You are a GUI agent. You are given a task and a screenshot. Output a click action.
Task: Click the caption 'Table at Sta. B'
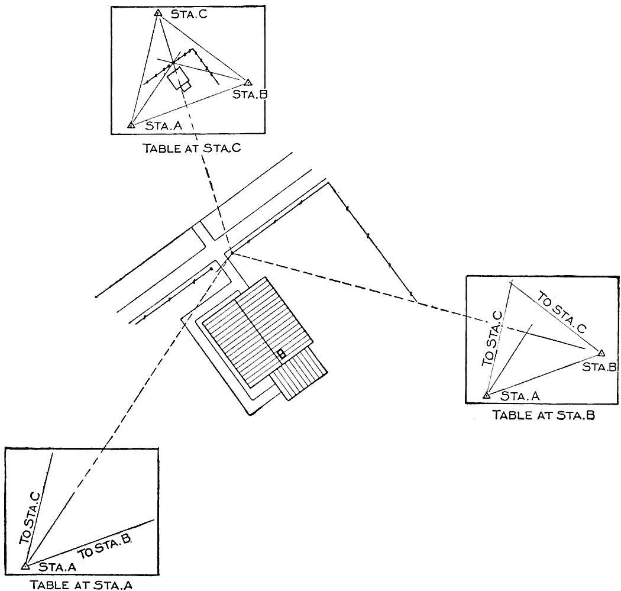(544, 415)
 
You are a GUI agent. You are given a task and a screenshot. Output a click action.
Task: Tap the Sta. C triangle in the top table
(157, 13)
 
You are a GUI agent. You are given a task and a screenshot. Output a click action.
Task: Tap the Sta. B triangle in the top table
(248, 83)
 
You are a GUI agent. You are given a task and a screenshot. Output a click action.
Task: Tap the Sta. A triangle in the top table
(131, 125)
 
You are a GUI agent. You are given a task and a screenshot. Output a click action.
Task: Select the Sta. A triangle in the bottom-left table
(25, 566)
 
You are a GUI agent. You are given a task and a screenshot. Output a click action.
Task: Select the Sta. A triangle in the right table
(486, 395)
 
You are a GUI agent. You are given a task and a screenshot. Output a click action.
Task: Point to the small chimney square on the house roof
(282, 354)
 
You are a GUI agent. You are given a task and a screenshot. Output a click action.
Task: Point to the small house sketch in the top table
(179, 79)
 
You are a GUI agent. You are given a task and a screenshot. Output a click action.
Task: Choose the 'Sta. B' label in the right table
(599, 367)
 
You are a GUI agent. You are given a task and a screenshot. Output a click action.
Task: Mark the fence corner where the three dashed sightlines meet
(232, 253)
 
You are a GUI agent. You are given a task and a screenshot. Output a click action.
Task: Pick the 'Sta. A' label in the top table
(159, 127)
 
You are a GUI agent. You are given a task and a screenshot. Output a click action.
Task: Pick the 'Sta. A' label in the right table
(516, 395)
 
